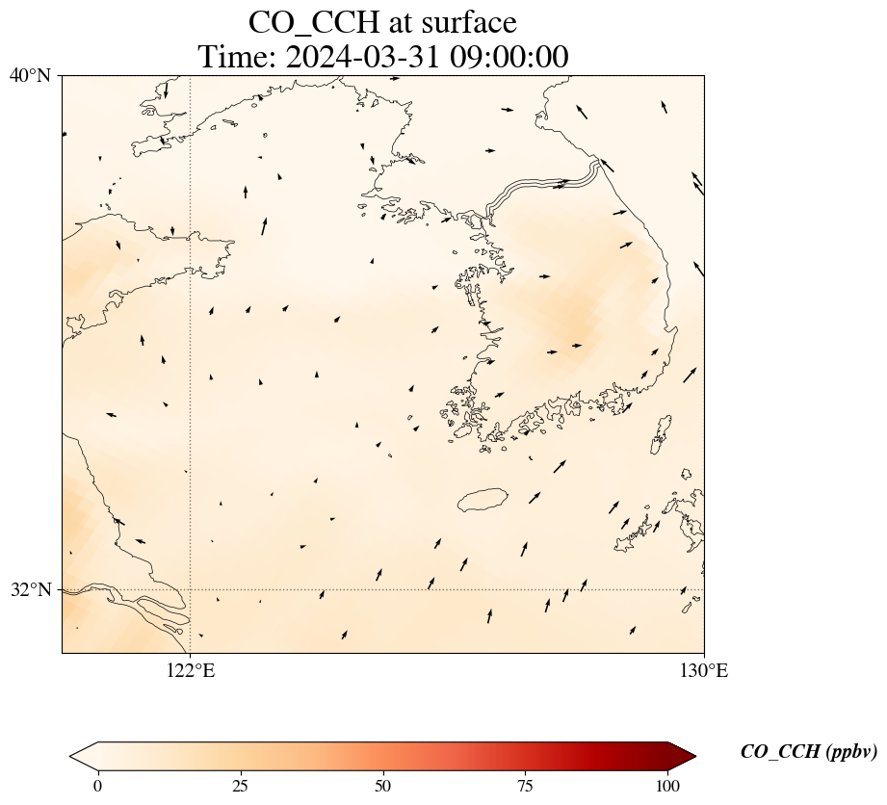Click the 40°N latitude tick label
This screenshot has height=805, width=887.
30,75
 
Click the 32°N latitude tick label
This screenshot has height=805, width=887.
30,589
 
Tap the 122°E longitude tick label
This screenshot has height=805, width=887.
191,670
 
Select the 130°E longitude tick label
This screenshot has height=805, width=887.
704,670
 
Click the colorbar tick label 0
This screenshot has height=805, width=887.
97,785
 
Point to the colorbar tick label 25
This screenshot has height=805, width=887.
240,785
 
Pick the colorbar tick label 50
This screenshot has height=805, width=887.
383,785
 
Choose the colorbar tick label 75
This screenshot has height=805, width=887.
526,785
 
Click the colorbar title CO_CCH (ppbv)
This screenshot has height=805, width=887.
808,752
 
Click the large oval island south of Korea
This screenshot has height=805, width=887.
483,500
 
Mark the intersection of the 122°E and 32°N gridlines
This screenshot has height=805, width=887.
191,589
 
